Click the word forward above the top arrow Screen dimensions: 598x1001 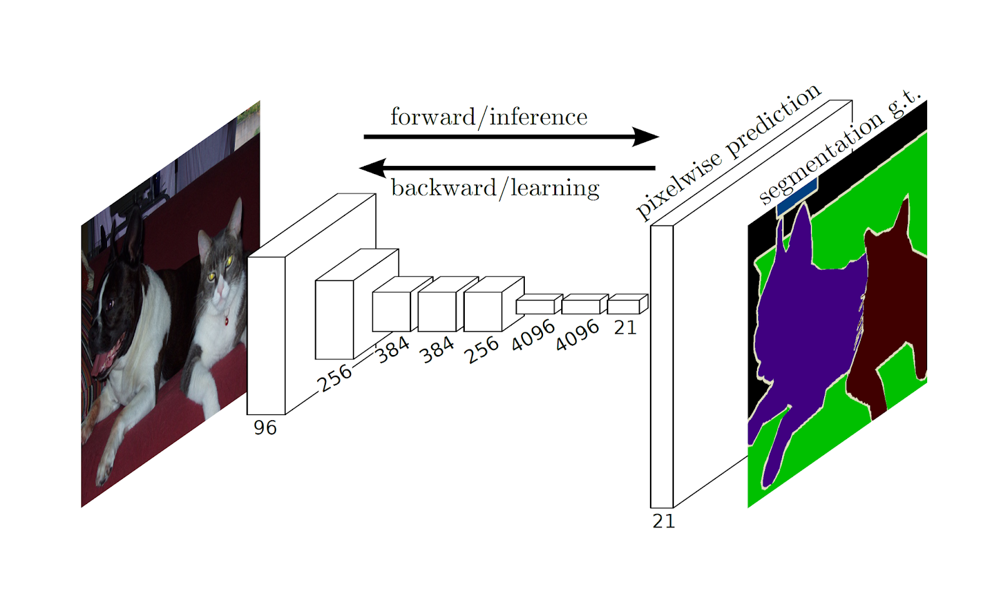(x=432, y=117)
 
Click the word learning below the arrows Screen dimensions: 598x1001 (x=555, y=188)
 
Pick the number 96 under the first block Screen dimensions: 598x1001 (x=265, y=428)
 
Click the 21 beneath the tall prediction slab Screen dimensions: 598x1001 (x=663, y=521)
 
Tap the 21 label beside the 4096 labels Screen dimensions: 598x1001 (x=625, y=327)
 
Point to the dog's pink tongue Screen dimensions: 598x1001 (x=103, y=363)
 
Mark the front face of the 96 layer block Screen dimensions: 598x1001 (x=266, y=335)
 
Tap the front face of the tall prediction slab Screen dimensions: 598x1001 (x=661, y=366)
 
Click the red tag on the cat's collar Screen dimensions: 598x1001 (x=226, y=321)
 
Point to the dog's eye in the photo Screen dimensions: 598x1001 (x=111, y=304)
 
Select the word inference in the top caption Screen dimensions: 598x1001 (x=538, y=117)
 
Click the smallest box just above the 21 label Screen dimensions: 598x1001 (x=623, y=307)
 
